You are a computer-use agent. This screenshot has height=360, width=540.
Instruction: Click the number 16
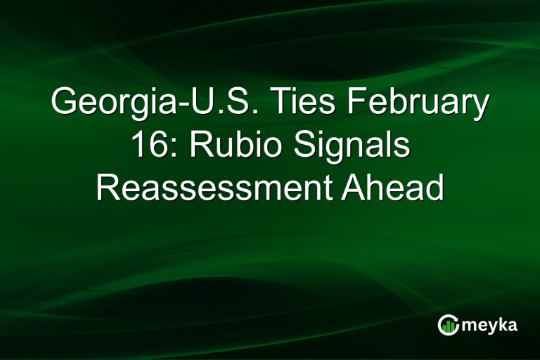point(147,148)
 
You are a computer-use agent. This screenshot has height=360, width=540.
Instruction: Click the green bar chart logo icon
point(448,324)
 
